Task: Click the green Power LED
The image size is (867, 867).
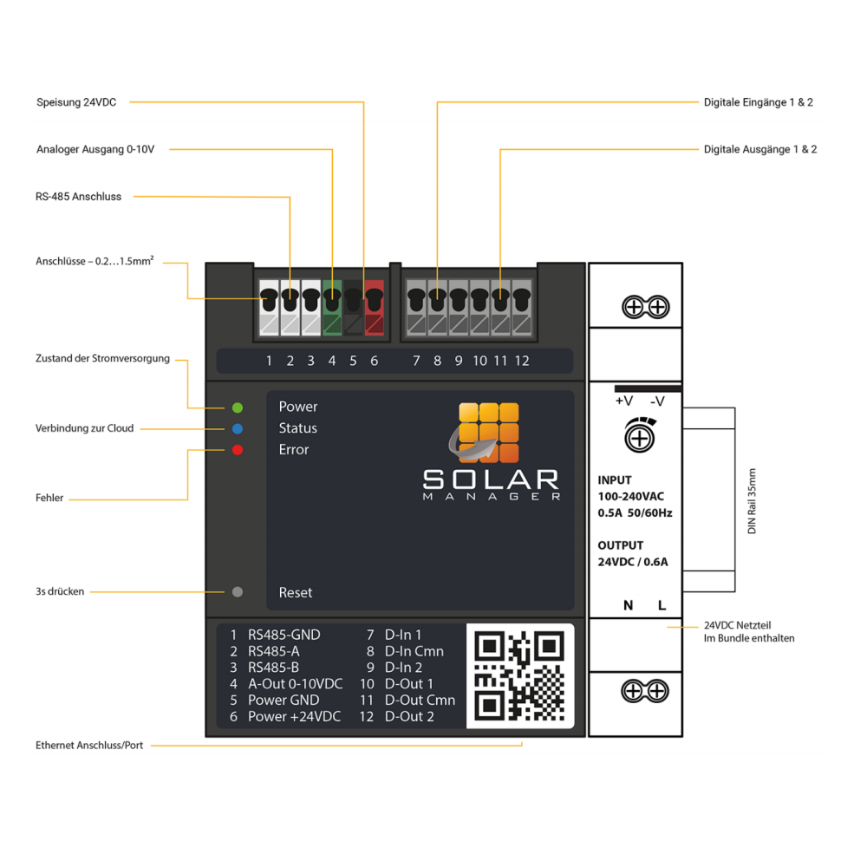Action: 238,407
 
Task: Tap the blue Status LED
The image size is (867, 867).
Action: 238,428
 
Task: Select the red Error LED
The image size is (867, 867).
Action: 238,450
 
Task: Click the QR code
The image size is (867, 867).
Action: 520,675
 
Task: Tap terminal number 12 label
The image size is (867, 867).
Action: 522,361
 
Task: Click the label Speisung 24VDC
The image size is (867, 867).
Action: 76,102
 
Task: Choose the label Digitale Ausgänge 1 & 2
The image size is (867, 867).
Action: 760,149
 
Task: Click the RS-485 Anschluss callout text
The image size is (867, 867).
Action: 79,197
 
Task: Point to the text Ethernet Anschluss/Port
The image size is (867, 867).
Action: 89,745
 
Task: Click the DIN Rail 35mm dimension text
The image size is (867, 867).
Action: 752,501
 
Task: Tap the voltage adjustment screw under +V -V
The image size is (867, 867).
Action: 640,438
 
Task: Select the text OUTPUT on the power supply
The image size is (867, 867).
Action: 621,545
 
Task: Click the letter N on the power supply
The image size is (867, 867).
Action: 628,605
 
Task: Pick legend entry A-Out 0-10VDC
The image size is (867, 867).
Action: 295,683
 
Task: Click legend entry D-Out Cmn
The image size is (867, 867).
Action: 420,700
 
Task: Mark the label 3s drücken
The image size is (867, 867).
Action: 60,592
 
